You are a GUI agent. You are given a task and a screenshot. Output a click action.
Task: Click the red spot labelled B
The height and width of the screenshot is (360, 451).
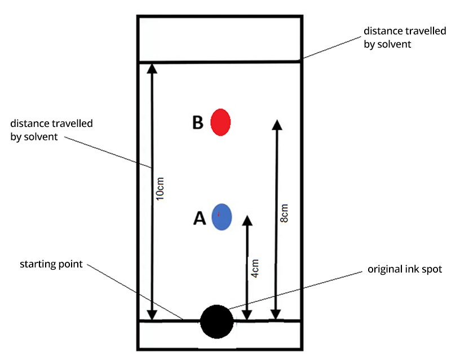pyautogui.click(x=220, y=122)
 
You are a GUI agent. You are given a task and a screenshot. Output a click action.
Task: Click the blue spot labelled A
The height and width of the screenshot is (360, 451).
pyautogui.click(x=222, y=217)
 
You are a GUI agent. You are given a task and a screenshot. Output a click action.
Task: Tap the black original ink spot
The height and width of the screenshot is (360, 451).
pyautogui.click(x=217, y=322)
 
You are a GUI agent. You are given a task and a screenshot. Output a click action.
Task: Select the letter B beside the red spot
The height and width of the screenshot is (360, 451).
pyautogui.click(x=197, y=122)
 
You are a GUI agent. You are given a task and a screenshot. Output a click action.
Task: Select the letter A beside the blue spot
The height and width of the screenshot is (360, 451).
pyautogui.click(x=200, y=218)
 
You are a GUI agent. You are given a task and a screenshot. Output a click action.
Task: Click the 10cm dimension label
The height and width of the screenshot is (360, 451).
pyautogui.click(x=160, y=189)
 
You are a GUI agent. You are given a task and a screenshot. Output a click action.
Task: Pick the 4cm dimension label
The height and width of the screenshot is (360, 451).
pyautogui.click(x=255, y=267)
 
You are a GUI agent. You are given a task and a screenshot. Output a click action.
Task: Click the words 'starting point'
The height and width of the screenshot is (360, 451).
pyautogui.click(x=51, y=264)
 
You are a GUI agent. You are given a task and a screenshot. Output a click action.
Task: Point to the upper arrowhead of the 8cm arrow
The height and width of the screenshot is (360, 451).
pyautogui.click(x=276, y=125)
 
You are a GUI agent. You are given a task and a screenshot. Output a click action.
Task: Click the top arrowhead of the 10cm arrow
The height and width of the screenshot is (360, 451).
pyautogui.click(x=151, y=68)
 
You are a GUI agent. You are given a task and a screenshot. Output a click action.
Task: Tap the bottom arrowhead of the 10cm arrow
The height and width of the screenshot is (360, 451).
pyautogui.click(x=151, y=315)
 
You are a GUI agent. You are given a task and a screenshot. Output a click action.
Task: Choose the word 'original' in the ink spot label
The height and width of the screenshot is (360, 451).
pyautogui.click(x=383, y=270)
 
